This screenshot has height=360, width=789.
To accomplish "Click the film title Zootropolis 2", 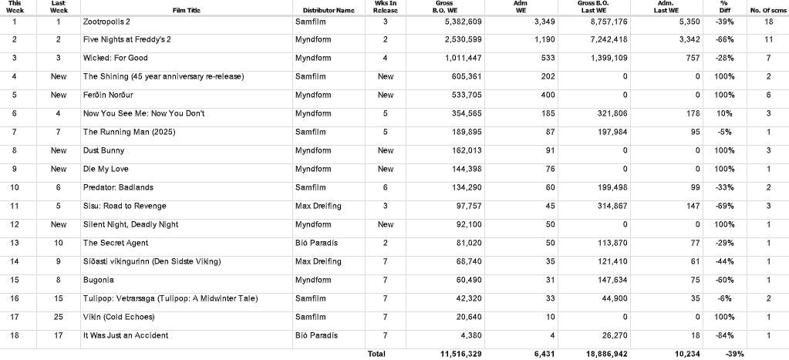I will (x=106, y=22).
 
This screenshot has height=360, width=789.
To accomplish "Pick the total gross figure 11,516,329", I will (x=460, y=354).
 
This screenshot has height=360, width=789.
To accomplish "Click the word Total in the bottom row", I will (x=376, y=354).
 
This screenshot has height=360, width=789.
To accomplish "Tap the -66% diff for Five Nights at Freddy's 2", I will (x=723, y=39).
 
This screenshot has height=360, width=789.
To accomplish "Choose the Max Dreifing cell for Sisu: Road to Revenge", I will (x=318, y=207).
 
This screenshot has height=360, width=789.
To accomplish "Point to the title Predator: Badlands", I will (x=118, y=188).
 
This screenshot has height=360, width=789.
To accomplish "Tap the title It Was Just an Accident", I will (x=126, y=336).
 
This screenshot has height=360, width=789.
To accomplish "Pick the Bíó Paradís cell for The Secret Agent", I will (x=316, y=244).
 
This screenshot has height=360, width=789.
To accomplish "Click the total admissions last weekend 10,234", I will (x=686, y=354).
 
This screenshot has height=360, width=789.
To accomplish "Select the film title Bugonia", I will (x=98, y=281).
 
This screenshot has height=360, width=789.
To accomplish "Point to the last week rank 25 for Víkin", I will (x=59, y=318).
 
